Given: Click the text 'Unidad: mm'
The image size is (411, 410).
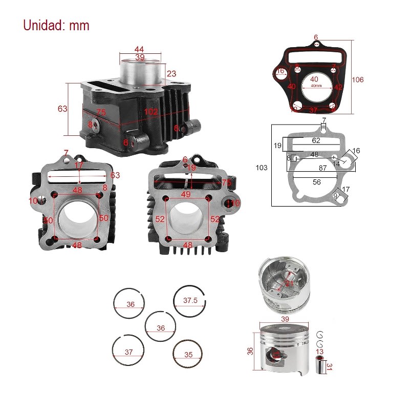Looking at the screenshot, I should click(56, 25).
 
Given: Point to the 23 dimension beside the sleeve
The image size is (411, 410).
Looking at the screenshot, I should click(171, 74).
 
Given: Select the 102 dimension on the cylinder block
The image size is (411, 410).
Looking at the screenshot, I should click(151, 112).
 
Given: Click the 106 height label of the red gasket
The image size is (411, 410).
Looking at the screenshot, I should click(358, 80).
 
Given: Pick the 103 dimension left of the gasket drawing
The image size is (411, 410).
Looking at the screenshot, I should click(262, 168).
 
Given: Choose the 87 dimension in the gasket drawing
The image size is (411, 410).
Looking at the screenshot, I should click(323, 168).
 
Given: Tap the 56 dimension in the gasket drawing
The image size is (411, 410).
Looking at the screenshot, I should click(317, 181).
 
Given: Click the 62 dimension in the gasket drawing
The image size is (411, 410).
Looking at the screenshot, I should click(316, 140).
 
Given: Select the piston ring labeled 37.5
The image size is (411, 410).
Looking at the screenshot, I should click(190, 301).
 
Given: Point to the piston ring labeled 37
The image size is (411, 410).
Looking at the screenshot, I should click(128, 352).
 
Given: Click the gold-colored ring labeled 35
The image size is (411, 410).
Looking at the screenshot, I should click(188, 354).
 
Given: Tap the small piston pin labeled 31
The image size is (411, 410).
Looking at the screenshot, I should click(321, 367).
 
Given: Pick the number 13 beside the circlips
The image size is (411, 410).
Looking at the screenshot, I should click(319, 352).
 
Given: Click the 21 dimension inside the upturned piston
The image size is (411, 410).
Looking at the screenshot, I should click(290, 282).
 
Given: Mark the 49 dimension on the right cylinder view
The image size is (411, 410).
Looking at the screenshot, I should click(186, 194).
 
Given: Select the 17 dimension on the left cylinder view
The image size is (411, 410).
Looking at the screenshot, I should click(79, 166).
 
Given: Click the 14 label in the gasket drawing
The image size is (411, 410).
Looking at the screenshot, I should click(336, 163).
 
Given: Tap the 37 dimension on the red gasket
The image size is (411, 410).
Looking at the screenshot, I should click(314, 110).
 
